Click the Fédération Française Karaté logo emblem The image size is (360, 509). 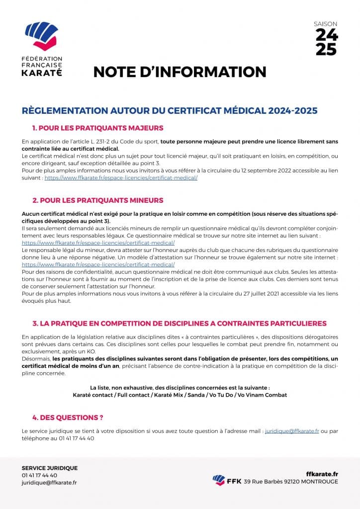pos(41,36)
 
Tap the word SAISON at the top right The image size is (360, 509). pos(326,23)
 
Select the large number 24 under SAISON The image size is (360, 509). pos(327,34)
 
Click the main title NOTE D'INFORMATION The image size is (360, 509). pos(180,72)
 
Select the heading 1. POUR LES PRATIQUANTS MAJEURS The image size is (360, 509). pos(97,128)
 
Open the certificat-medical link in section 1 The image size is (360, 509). pos(121,177)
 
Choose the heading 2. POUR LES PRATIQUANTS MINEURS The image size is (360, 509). pos(97,200)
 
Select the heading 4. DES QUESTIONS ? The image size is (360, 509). pos(68,418)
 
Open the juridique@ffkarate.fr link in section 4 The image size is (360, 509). pos(292,431)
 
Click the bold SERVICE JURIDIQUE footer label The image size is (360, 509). pos(50,468)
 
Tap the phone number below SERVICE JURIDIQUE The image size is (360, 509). pos(39,475)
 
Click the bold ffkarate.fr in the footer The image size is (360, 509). pos(322,474)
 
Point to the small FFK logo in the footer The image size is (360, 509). pos(218,480)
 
